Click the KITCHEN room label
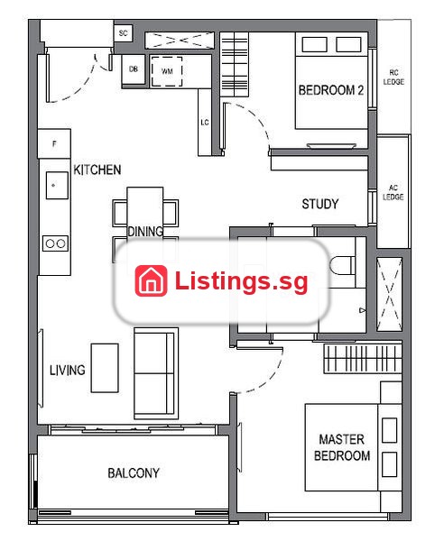[97, 170]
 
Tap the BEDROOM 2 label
[331, 90]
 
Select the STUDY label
[320, 204]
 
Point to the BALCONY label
[134, 472]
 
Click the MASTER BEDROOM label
[342, 447]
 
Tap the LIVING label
[68, 371]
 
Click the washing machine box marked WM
[167, 71]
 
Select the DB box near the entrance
[134, 69]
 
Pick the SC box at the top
[124, 33]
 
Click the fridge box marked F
[54, 144]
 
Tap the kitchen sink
[57, 185]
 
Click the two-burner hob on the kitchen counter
[55, 243]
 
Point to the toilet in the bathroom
[343, 265]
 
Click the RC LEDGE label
[393, 78]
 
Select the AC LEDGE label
[393, 193]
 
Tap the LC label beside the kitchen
[205, 123]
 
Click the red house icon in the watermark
[152, 280]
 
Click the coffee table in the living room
[105, 368]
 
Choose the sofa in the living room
[156, 373]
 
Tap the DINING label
[145, 232]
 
